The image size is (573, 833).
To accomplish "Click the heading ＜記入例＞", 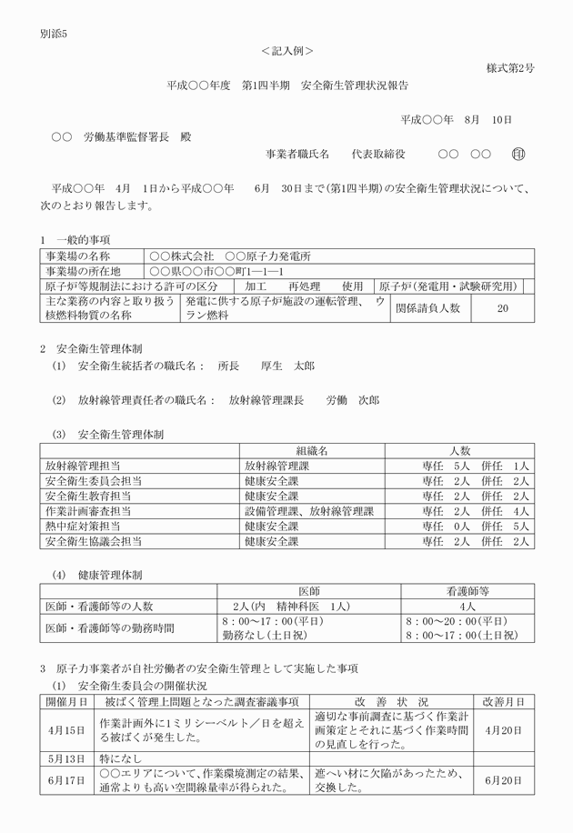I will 286,51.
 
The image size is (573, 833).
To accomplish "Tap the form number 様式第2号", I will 509,68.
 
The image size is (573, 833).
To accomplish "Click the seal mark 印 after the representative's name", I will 519,156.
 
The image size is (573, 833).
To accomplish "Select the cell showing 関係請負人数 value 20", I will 502,308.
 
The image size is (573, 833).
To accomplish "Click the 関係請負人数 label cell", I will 427,308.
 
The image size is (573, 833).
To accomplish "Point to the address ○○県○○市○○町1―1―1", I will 216,271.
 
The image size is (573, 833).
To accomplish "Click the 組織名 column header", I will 310,450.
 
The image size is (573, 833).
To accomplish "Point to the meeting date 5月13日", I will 65,758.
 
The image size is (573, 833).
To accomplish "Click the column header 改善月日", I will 503,702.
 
